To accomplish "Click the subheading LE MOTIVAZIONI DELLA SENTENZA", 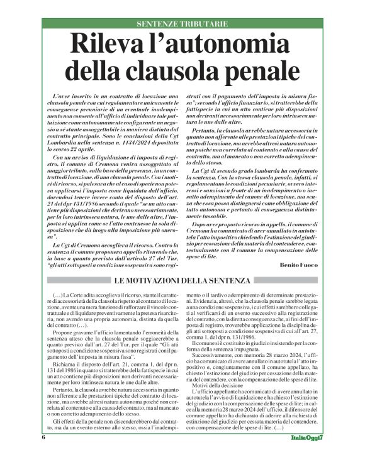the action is tap(182, 280).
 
